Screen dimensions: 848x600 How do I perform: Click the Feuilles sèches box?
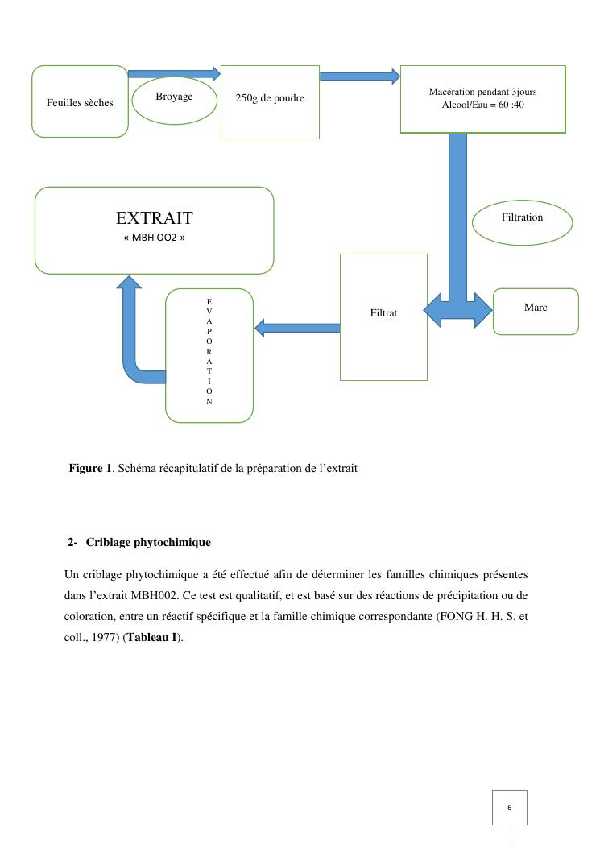[x=80, y=101]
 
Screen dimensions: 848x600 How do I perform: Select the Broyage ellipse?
[x=174, y=100]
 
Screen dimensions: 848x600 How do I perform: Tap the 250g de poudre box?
[x=270, y=102]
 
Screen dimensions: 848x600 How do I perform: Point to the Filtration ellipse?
[x=522, y=221]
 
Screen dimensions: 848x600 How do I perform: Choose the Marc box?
[x=536, y=311]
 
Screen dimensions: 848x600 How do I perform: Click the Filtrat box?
[x=383, y=316]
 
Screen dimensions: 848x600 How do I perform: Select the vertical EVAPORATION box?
[x=209, y=354]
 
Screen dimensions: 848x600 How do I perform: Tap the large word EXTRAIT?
[x=154, y=217]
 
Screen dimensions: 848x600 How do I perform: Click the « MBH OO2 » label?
[x=154, y=238]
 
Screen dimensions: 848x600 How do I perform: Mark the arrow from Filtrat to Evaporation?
[x=296, y=328]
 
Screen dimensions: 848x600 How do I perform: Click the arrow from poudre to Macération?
[x=359, y=77]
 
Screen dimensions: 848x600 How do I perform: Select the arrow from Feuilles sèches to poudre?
[x=174, y=73]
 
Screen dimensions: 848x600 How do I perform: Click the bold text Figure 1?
[x=90, y=468]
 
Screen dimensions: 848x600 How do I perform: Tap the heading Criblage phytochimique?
[x=148, y=542]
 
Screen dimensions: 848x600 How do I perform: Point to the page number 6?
[x=510, y=807]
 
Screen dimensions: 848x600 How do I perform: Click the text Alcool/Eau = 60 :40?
[x=482, y=105]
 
